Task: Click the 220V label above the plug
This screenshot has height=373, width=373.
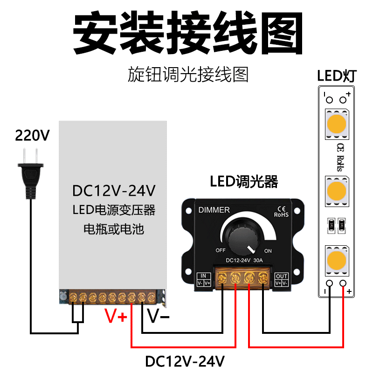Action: tap(32, 135)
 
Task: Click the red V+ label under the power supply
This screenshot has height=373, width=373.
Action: tap(116, 316)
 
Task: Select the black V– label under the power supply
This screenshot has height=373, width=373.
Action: tap(158, 316)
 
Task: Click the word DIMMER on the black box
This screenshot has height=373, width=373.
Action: tap(214, 210)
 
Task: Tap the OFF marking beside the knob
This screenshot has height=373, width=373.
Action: tap(221, 250)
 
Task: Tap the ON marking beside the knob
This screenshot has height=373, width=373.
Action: tap(268, 251)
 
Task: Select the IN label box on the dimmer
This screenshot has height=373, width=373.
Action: tap(204, 279)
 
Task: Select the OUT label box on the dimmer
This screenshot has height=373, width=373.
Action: tap(282, 279)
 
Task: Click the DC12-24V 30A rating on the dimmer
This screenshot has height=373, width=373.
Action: tap(244, 260)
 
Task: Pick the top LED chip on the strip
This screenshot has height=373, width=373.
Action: tap(337, 124)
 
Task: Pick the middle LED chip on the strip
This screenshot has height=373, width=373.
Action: tap(337, 191)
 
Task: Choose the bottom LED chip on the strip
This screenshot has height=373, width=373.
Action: tap(337, 261)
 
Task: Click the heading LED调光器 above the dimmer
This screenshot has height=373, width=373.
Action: tap(244, 182)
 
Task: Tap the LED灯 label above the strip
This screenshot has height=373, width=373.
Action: tap(337, 76)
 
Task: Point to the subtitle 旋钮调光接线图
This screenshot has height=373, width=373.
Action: tap(188, 75)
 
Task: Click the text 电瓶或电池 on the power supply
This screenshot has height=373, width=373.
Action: tap(114, 229)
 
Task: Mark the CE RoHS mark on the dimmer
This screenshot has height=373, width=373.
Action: tap(281, 212)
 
